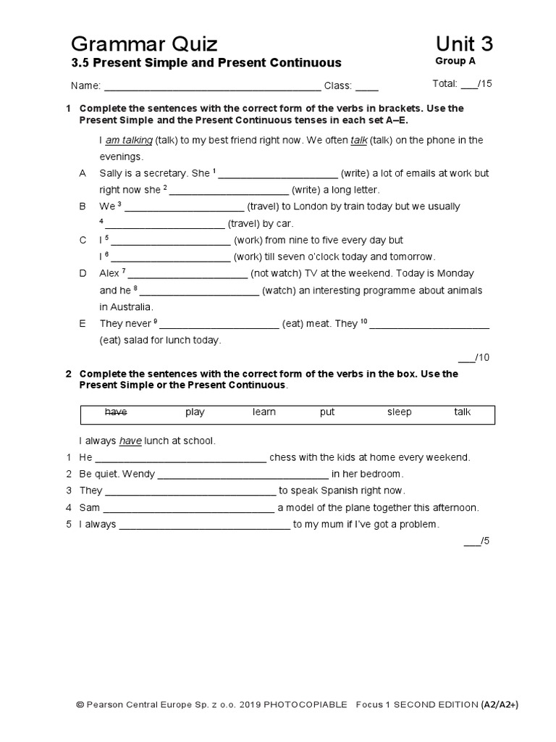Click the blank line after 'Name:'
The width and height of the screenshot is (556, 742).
[212, 86]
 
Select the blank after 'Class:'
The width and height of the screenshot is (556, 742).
[366, 86]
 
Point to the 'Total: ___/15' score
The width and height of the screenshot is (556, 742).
[462, 84]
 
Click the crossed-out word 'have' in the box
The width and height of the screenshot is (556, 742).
[116, 412]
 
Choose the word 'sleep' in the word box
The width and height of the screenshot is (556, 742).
[399, 412]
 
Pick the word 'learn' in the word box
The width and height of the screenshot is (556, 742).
[264, 412]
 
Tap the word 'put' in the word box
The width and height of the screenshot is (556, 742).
[327, 412]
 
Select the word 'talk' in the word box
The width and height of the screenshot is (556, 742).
[463, 412]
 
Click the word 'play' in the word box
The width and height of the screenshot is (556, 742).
[195, 412]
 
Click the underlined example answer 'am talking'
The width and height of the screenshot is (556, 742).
[129, 141]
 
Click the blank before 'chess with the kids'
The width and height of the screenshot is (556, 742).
[181, 458]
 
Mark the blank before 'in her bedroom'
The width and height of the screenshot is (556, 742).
[243, 475]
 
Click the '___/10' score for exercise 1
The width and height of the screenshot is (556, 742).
[475, 357]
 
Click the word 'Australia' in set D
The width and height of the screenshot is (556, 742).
[127, 307]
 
